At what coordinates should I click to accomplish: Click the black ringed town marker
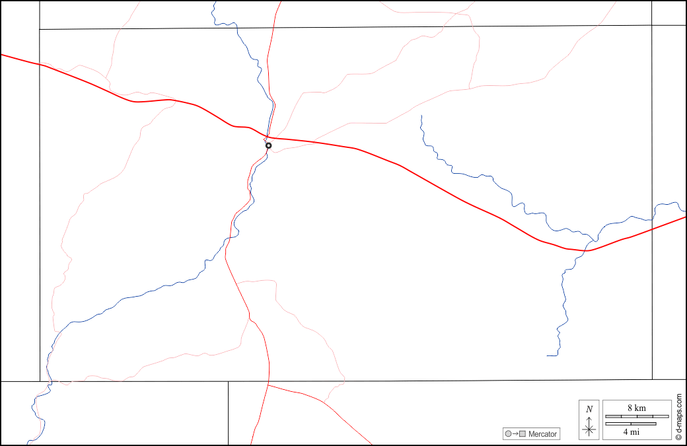(268, 145)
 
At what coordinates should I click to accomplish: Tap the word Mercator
(543, 434)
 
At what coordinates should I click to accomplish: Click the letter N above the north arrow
(589, 409)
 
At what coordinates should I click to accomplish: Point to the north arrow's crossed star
(589, 429)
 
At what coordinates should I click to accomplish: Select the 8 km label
(636, 408)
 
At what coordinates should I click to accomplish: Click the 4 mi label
(632, 432)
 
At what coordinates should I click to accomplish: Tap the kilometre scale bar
(637, 416)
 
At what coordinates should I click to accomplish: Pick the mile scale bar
(632, 424)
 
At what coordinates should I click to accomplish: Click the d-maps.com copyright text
(678, 413)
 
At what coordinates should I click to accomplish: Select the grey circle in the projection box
(508, 434)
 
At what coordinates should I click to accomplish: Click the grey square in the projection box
(523, 434)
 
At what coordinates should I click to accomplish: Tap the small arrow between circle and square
(515, 434)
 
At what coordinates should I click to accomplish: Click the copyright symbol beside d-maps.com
(678, 437)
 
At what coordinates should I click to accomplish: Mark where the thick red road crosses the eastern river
(585, 250)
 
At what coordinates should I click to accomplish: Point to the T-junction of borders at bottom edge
(228, 381)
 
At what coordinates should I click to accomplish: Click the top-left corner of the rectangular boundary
(40, 29)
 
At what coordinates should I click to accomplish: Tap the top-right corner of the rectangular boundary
(652, 25)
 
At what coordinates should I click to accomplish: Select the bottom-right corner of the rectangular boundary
(652, 379)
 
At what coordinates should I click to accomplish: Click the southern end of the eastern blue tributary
(548, 355)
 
